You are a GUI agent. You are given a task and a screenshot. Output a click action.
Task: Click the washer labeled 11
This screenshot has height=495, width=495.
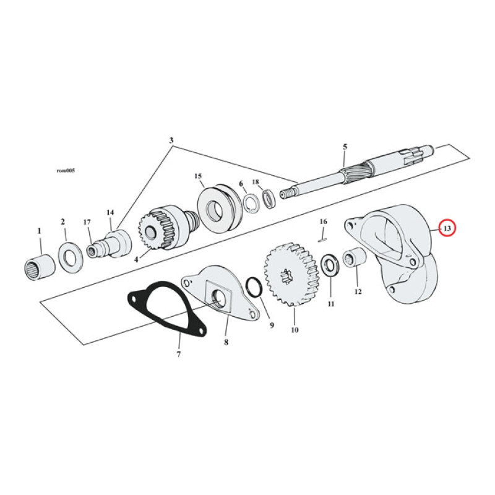click(x=329, y=265)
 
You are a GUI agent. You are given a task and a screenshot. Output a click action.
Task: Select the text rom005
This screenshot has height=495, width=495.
click(x=65, y=170)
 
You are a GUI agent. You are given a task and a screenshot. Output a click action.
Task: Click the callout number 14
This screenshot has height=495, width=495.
click(x=110, y=212)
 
